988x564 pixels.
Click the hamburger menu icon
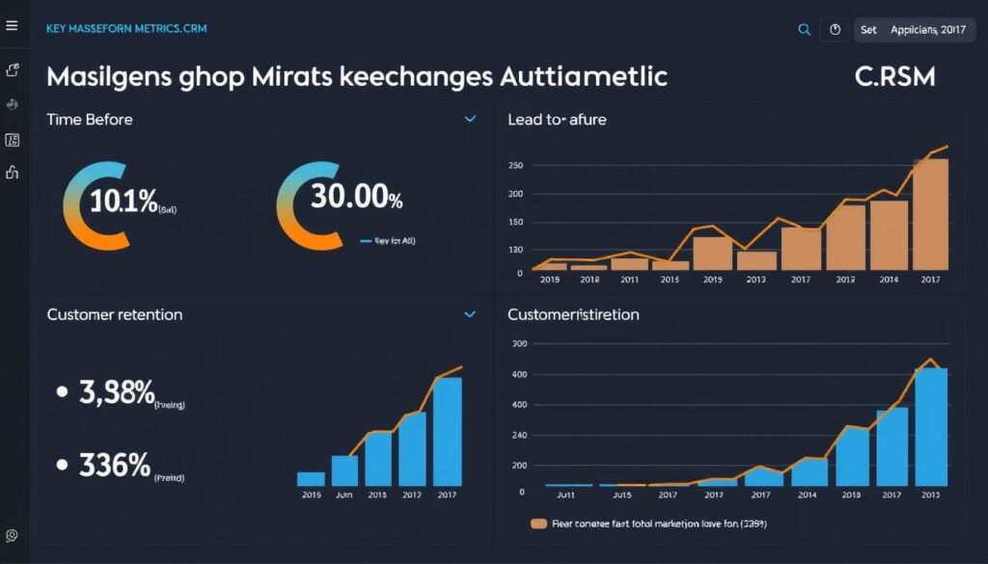pos(12,26)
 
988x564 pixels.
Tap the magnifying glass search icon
pos(804,30)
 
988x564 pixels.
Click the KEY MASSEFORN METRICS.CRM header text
pos(125,29)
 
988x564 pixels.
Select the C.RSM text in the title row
pos(894,77)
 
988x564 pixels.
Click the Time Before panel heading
pos(90,120)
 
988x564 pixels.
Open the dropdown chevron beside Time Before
pos(470,120)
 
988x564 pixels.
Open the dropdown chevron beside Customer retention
pos(470,314)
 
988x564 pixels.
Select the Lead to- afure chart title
pos(557,120)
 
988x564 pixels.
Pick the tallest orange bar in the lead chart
pos(930,214)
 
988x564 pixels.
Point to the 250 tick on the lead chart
pos(514,166)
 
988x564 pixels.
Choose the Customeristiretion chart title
pos(573,314)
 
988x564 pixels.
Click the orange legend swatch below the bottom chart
pos(539,524)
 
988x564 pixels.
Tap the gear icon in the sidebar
pos(12,535)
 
